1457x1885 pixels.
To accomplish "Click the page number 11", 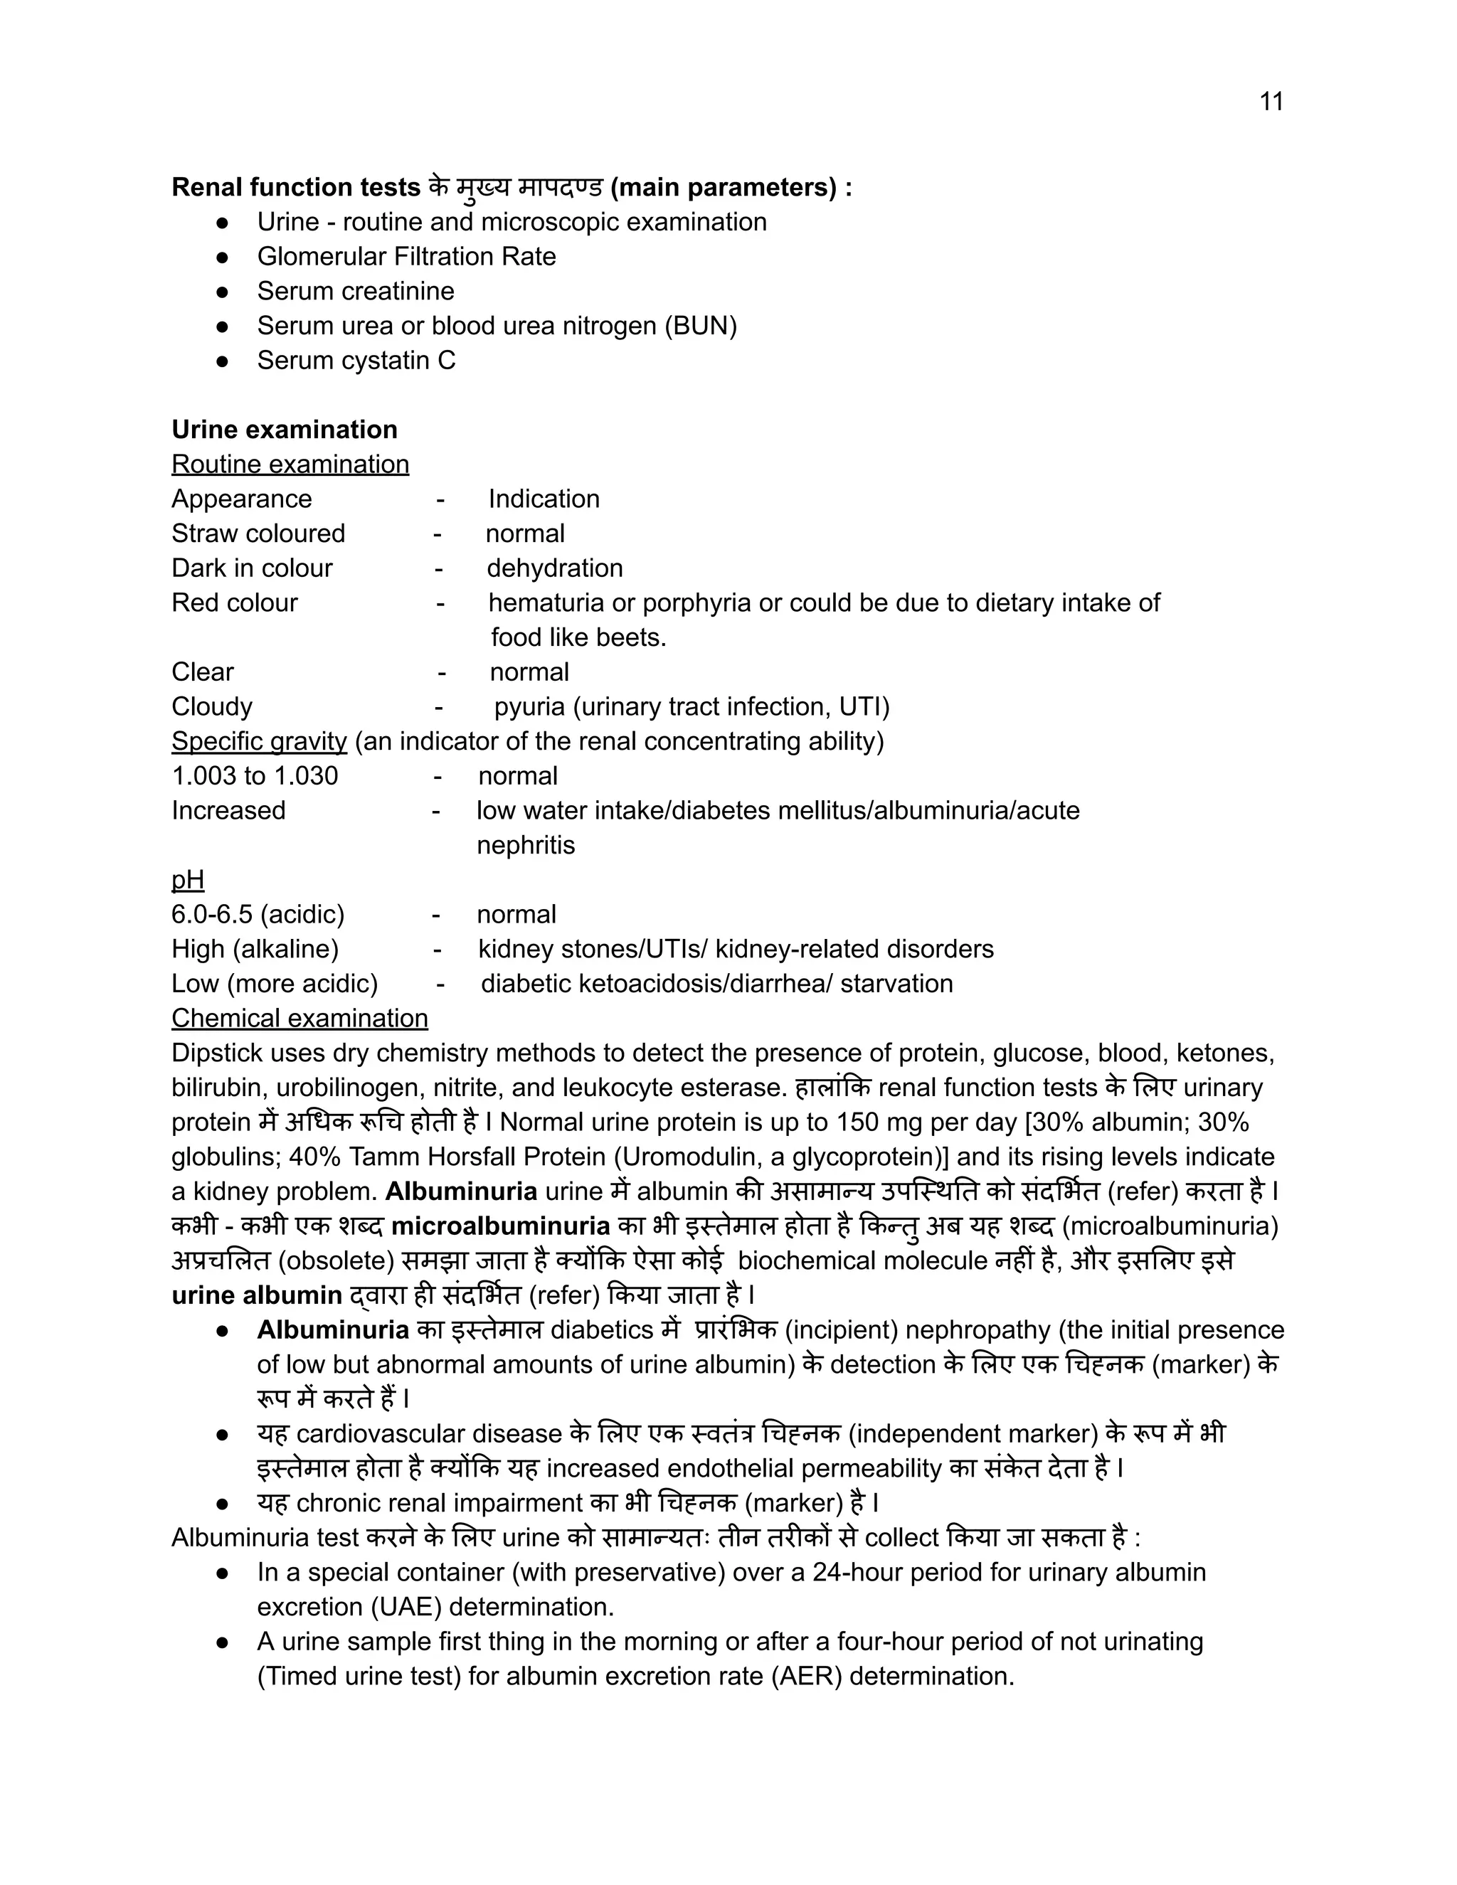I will point(1271,102).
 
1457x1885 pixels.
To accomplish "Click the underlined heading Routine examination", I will point(290,464).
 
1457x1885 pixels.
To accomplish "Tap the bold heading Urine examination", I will point(284,430).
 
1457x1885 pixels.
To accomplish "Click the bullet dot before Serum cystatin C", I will point(222,361).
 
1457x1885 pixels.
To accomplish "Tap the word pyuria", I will point(529,707).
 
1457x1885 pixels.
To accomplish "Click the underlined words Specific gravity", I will point(259,741).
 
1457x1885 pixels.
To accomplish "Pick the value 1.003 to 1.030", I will point(255,776).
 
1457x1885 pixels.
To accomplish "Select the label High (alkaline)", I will point(255,950).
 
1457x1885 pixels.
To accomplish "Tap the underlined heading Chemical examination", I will point(300,1019).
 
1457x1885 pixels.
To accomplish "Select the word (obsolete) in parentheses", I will point(337,1261).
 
